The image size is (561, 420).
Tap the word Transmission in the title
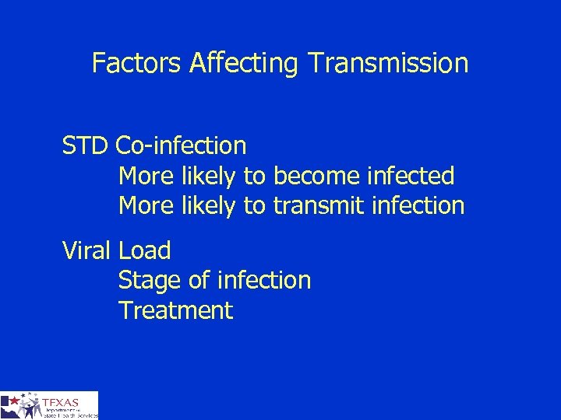(387, 63)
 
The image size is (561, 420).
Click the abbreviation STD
(86, 145)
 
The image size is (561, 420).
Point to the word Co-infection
(181, 145)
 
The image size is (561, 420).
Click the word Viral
(88, 250)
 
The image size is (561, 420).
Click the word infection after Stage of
(265, 280)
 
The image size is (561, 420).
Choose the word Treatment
(175, 310)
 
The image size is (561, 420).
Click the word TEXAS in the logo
(62, 402)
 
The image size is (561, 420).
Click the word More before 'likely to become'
(146, 176)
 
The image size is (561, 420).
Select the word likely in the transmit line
(209, 206)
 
